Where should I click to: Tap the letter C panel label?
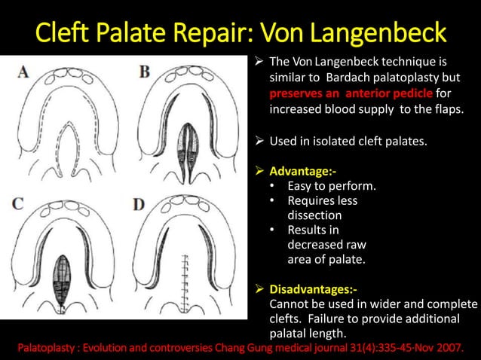coord(23,203)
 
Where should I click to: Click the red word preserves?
coord(299,93)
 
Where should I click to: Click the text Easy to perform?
coord(332,186)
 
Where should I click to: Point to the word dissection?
coord(314,215)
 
